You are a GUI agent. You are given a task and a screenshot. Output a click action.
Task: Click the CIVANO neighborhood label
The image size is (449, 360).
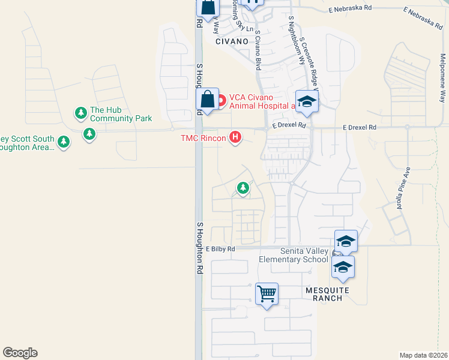coord(232,41)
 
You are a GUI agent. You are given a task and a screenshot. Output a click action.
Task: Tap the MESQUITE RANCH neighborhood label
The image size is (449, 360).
coord(327,293)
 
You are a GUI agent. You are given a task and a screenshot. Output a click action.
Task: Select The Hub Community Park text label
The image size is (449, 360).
coord(121,114)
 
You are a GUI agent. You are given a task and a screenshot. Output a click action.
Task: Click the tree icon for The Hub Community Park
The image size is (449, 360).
coord(80,113)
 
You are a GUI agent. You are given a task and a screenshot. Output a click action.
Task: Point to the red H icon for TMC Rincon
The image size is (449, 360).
coord(236,138)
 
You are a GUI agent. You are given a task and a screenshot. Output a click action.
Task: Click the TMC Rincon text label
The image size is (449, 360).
coord(203,138)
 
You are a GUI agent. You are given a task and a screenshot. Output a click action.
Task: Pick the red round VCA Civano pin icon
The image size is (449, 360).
coord(221,100)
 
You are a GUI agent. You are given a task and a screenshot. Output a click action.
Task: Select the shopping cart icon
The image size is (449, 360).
coord(267,294)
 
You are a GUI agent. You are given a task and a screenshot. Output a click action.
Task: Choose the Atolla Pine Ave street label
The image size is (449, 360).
coord(402,187)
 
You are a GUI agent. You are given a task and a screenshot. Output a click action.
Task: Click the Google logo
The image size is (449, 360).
coord(20,353)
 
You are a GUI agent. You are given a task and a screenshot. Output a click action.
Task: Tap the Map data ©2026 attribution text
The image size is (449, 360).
coord(423,355)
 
